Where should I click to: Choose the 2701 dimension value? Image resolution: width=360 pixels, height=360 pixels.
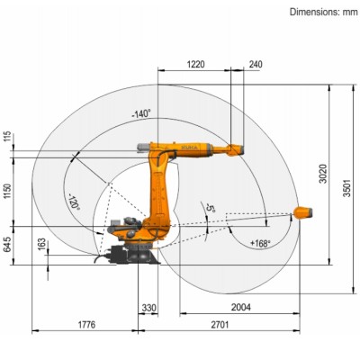237,323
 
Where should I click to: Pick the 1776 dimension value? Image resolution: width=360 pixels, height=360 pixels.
86,323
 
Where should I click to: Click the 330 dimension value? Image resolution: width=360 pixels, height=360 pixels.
148,308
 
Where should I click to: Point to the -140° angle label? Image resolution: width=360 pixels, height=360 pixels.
140,114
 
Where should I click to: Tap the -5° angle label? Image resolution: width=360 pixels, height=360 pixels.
211,208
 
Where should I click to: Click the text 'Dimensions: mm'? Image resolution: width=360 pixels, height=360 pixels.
322,12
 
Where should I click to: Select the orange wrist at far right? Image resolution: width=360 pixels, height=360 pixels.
303,213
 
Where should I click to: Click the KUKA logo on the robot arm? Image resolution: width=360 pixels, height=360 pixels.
190,144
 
